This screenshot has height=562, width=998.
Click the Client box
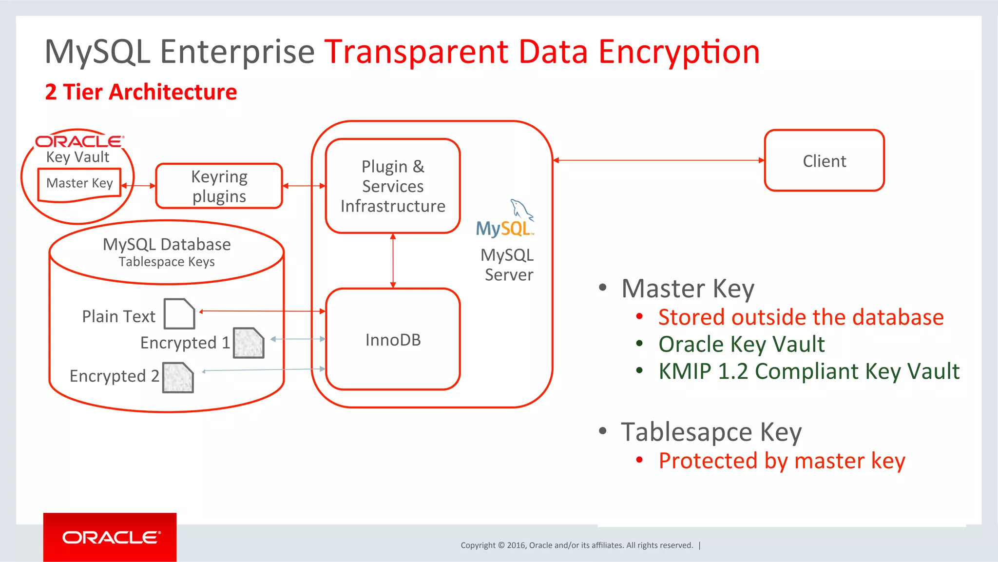824,160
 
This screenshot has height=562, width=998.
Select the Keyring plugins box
219,186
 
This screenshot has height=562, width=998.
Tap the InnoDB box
393,340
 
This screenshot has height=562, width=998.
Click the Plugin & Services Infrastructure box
393,186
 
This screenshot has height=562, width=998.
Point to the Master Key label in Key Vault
79,183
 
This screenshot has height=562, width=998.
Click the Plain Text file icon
179,314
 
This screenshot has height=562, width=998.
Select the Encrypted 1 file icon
249,343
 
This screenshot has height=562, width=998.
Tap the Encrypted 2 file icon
178,378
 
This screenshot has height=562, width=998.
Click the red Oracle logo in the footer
110,538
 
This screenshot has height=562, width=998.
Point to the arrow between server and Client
658,160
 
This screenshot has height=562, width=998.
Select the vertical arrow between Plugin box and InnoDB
393,261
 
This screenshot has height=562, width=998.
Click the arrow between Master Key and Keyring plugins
138,186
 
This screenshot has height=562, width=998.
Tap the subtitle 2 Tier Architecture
141,92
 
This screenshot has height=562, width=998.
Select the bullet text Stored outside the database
801,317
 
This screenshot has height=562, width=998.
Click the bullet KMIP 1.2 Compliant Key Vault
808,371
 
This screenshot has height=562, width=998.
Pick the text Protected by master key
782,461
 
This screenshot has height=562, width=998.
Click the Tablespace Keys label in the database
167,262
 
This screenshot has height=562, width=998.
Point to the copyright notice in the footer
576,545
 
